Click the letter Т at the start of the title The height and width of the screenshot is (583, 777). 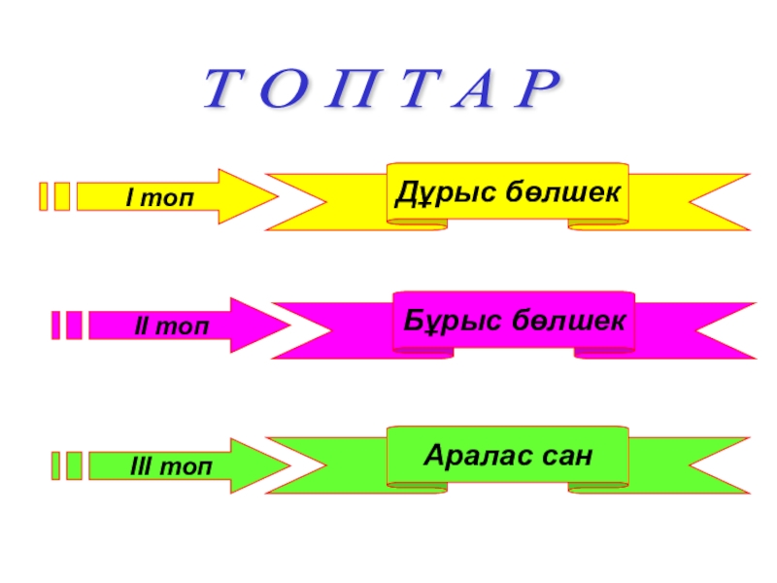tap(223, 91)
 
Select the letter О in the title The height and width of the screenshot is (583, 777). tap(280, 91)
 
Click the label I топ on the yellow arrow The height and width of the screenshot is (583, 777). tap(159, 197)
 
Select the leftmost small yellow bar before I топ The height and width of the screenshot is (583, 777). tap(43, 196)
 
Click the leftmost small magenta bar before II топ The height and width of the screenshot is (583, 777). tap(55, 326)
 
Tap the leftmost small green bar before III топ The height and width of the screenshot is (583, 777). tap(55, 465)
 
